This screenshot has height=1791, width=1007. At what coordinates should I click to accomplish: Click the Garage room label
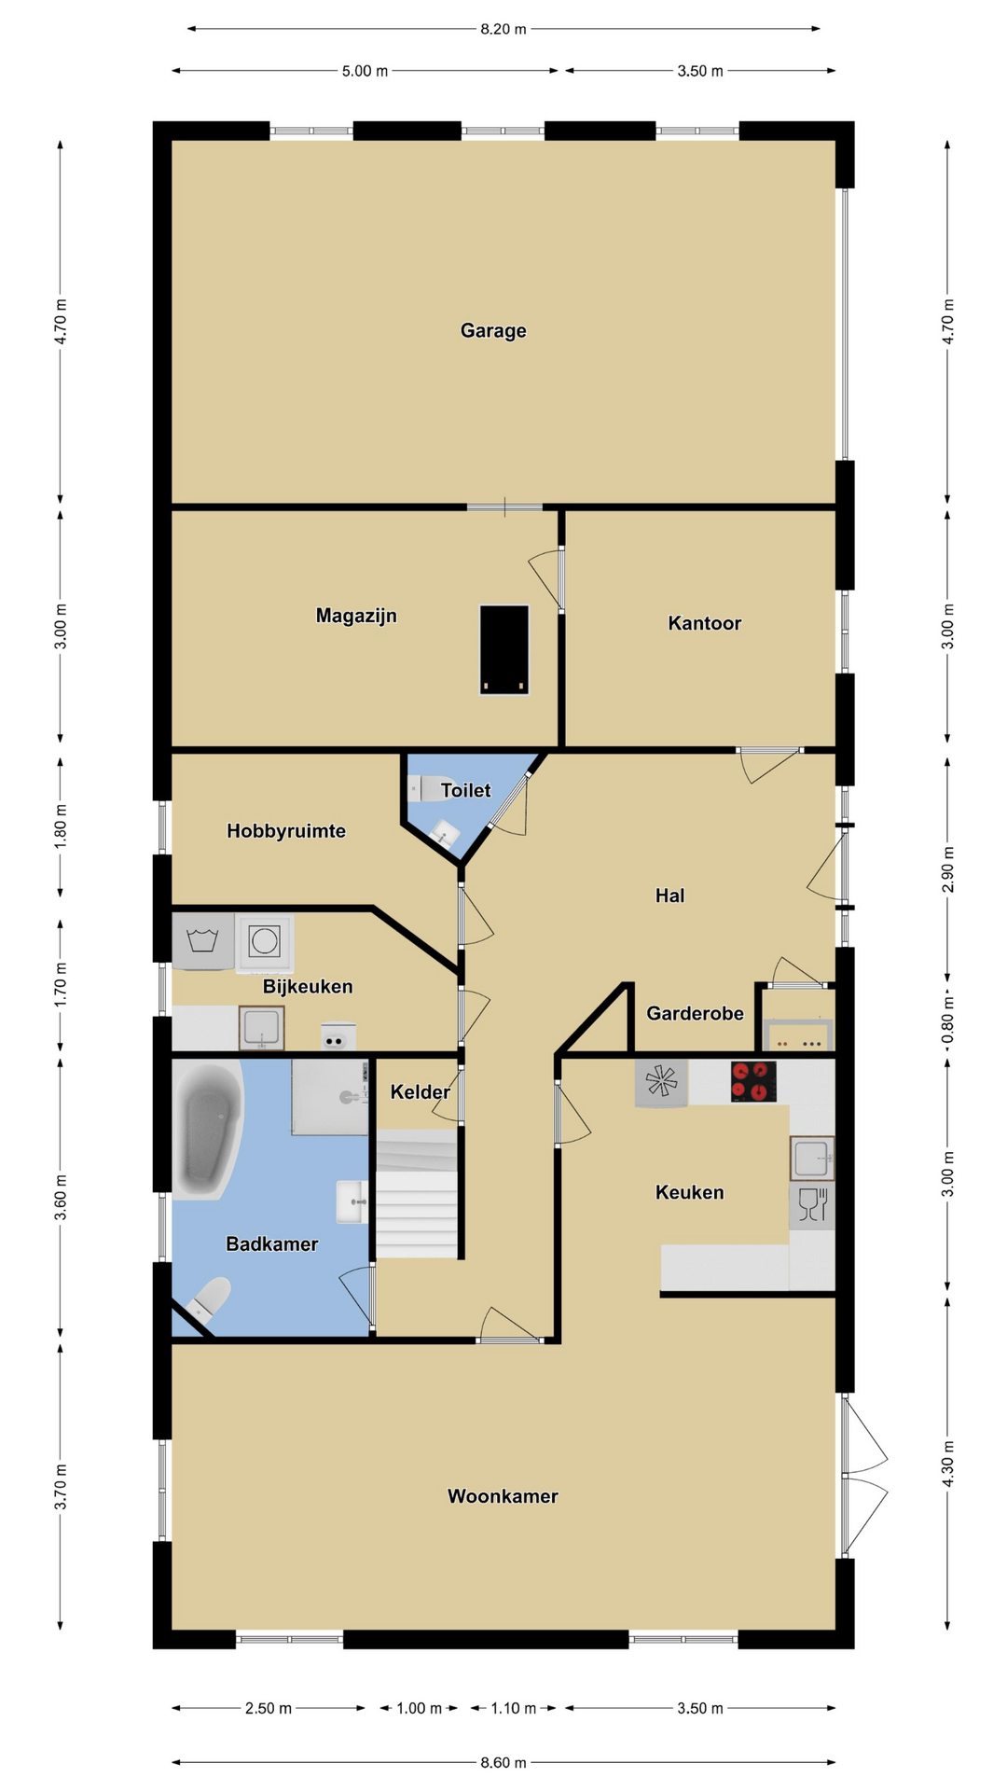click(x=493, y=330)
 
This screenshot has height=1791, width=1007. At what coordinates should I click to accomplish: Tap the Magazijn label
click(x=356, y=616)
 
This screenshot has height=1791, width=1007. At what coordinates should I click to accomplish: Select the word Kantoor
click(x=704, y=623)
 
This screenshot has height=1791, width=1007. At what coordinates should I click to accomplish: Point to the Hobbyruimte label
click(x=286, y=830)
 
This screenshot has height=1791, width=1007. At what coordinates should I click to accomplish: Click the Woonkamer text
click(x=503, y=1495)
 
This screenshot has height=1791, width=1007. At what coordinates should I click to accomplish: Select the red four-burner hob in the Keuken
click(x=753, y=1082)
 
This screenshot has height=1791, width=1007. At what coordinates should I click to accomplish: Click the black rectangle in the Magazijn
click(x=504, y=650)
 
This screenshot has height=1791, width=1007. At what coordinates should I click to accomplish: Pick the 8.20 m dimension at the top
click(x=504, y=29)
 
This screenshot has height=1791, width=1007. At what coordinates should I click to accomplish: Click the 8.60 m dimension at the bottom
click(x=504, y=1762)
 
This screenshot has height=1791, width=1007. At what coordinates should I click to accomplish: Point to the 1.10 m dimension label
click(x=514, y=1708)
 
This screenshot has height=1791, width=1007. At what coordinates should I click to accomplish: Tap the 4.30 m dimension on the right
click(x=948, y=1465)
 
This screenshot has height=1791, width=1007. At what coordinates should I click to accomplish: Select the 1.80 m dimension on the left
click(x=61, y=826)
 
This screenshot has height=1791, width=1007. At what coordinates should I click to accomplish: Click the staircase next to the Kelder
click(x=417, y=1194)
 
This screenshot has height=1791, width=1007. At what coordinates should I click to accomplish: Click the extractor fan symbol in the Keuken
click(x=661, y=1083)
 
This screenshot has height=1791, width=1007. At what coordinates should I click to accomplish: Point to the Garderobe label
click(x=695, y=1013)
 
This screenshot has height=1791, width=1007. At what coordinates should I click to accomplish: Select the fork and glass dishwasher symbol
click(x=812, y=1205)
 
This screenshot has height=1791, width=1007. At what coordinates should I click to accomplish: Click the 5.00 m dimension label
click(x=365, y=71)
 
